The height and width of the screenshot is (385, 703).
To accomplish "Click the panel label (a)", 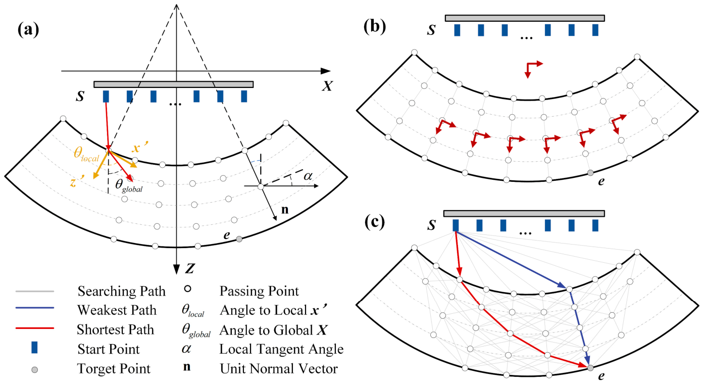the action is click(28, 30).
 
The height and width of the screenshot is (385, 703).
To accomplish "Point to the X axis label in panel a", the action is click(327, 86).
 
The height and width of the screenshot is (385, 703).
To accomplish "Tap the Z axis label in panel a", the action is click(189, 268).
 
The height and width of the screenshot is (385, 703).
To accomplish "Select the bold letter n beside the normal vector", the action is click(285, 210).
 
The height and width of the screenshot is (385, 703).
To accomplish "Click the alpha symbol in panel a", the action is click(308, 176).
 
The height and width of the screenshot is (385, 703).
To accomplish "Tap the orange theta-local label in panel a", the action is click(86, 154).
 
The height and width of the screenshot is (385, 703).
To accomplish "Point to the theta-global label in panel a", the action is click(129, 185).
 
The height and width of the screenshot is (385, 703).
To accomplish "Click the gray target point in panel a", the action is click(239, 239).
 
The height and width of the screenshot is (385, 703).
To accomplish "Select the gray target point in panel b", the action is click(590, 173).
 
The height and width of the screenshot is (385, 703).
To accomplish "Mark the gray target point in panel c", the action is click(590, 368).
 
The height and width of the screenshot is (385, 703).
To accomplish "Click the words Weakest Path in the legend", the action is click(117, 310).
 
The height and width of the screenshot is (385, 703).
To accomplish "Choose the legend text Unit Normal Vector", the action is click(279, 369).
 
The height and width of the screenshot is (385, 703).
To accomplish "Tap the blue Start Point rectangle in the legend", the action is click(34, 348).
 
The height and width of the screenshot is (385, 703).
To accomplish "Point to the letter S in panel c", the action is click(432, 225).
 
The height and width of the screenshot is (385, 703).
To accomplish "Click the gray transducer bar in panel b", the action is click(525, 18).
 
